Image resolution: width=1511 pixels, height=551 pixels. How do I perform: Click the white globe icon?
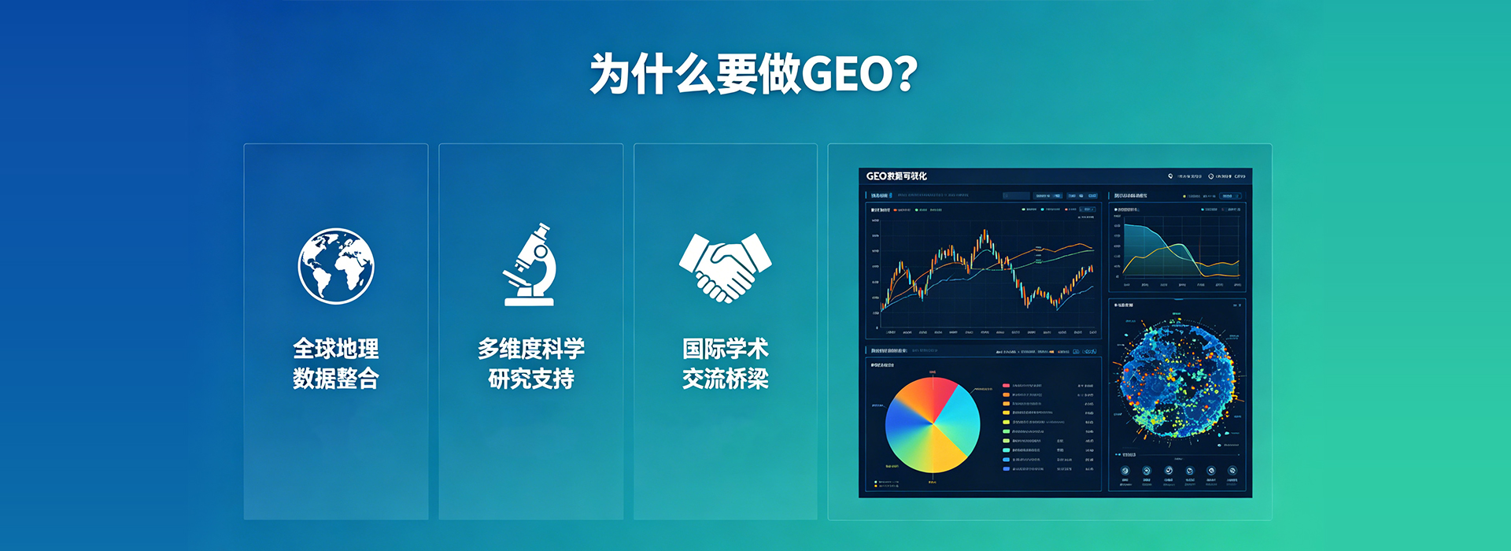336,266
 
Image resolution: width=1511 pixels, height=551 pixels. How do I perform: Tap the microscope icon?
530,265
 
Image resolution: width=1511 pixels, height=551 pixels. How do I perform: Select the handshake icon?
725,267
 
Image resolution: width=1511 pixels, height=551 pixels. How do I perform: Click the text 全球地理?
336,349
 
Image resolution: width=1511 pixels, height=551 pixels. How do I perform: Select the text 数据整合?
336,379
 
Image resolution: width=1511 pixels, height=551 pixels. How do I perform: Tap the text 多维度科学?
530,349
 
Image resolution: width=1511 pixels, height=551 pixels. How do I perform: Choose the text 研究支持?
530,379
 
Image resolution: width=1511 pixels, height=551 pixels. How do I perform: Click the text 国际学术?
725,349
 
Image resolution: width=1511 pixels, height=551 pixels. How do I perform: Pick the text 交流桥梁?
725,379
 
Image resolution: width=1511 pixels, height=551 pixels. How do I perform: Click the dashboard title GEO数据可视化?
896,176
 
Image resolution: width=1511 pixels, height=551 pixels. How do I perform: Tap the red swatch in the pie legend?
1006,386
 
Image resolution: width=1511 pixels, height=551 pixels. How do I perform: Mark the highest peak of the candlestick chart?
984,232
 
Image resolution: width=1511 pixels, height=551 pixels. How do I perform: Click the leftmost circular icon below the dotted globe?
1125,471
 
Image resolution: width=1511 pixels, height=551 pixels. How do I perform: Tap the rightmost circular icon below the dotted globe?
1232,471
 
